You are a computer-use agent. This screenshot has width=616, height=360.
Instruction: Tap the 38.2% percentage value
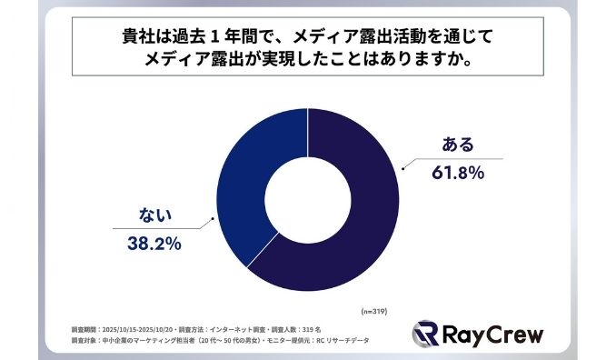pos(152,243)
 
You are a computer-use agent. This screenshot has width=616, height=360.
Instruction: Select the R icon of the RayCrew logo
pos(428,334)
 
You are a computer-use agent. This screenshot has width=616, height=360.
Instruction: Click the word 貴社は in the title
pos(145,38)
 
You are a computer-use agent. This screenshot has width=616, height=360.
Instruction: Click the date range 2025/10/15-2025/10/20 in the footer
pos(142,328)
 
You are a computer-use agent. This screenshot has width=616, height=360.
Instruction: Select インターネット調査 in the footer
pos(238,328)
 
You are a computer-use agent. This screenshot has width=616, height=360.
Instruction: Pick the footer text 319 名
pos(309,328)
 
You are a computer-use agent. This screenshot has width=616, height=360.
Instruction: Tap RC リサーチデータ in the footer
pos(344,340)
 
